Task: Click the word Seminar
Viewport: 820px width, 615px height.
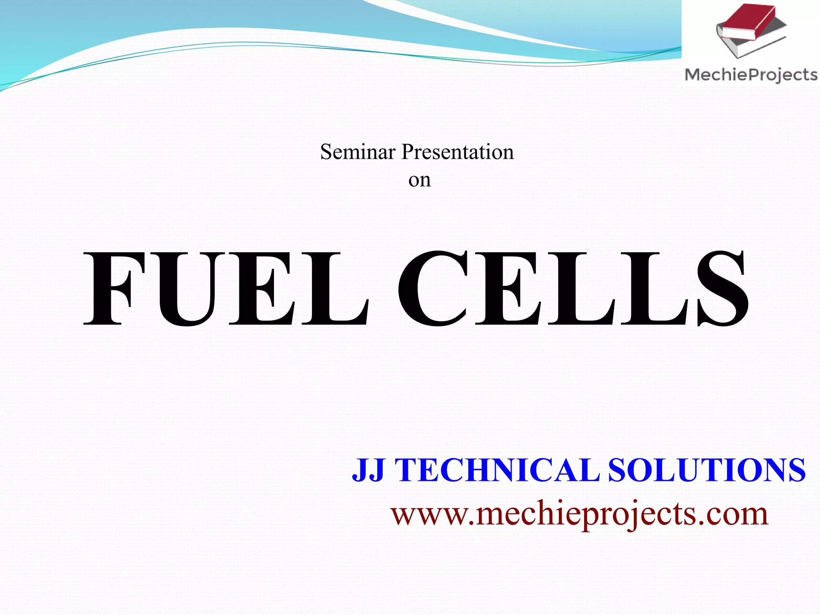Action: [x=358, y=152]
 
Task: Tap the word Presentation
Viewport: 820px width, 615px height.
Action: [x=457, y=152]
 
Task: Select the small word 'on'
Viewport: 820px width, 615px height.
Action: [x=419, y=180]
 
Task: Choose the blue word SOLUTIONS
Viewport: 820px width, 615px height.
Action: [x=706, y=470]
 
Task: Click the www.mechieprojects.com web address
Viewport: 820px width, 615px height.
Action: [x=579, y=514]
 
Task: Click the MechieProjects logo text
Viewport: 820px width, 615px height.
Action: [x=751, y=75]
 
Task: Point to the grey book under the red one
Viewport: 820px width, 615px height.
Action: [x=741, y=46]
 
